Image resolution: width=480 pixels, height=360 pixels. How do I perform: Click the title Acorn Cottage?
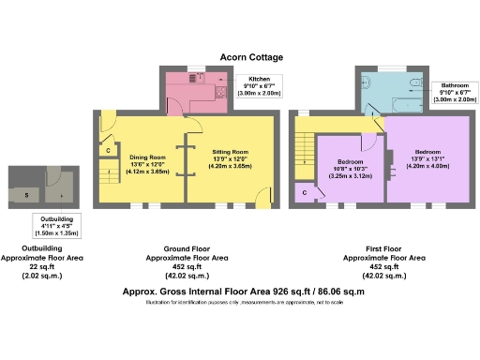click(x=250, y=57)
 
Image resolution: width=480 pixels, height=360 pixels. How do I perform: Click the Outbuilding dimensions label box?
click(x=56, y=225)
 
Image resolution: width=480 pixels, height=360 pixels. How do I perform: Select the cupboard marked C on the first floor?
click(x=305, y=192)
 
